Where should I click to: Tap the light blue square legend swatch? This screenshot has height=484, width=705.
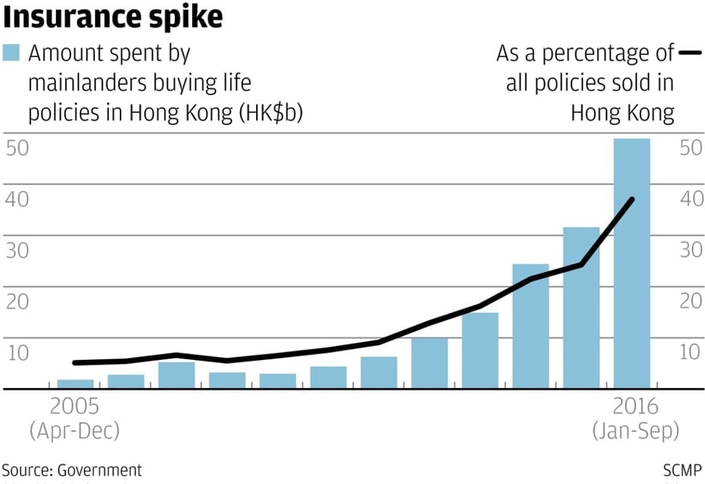11,53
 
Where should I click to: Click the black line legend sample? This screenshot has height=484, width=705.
688,52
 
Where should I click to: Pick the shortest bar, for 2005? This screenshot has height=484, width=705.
76,384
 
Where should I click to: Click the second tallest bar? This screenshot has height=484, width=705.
581,307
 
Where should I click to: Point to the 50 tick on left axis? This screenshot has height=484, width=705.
17,148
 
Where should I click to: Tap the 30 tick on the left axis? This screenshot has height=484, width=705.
17,250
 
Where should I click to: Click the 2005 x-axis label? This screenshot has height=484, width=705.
74,405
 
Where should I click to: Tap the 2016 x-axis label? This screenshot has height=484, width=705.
634,405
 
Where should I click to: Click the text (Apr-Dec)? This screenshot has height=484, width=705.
74,431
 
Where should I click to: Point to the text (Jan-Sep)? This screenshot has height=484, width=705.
635,431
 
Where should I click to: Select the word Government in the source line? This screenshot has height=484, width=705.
100,470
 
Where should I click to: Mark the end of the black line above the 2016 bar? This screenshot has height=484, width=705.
631,199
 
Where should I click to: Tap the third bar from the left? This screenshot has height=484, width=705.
177,374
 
